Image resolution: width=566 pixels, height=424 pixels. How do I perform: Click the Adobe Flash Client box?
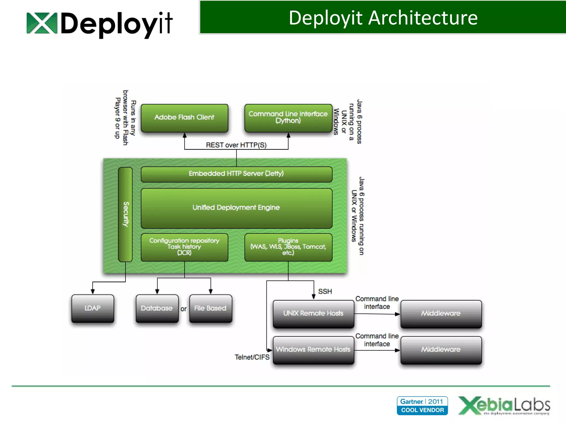(184, 118)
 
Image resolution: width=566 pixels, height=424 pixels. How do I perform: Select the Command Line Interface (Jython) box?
(288, 118)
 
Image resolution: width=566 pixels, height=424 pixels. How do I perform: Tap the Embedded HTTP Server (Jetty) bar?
(236, 174)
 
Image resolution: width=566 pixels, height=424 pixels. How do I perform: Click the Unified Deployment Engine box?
(236, 208)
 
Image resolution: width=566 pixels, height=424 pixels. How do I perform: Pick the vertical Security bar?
(125, 214)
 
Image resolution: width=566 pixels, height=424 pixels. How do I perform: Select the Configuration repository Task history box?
(184, 247)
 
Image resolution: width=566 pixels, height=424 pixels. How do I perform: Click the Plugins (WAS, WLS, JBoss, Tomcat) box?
(288, 247)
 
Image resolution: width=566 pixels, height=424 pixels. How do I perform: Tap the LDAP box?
(93, 308)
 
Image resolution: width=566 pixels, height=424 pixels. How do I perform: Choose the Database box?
(157, 308)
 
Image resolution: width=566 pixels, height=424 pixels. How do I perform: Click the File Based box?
(210, 308)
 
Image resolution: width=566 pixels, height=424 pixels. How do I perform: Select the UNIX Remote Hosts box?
(313, 314)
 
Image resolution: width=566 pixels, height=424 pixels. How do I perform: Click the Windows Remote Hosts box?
(313, 350)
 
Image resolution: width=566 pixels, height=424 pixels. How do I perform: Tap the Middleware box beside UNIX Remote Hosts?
(441, 314)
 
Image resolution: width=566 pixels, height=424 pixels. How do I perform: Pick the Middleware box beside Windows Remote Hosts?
(441, 350)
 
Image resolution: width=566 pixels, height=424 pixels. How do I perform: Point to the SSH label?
(325, 291)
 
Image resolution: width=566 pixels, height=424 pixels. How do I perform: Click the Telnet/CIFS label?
(252, 357)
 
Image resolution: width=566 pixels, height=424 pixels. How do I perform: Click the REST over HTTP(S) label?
(236, 145)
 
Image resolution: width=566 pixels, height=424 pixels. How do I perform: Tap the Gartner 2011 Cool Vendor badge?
(422, 406)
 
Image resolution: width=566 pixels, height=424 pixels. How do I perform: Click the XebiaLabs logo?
(504, 406)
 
